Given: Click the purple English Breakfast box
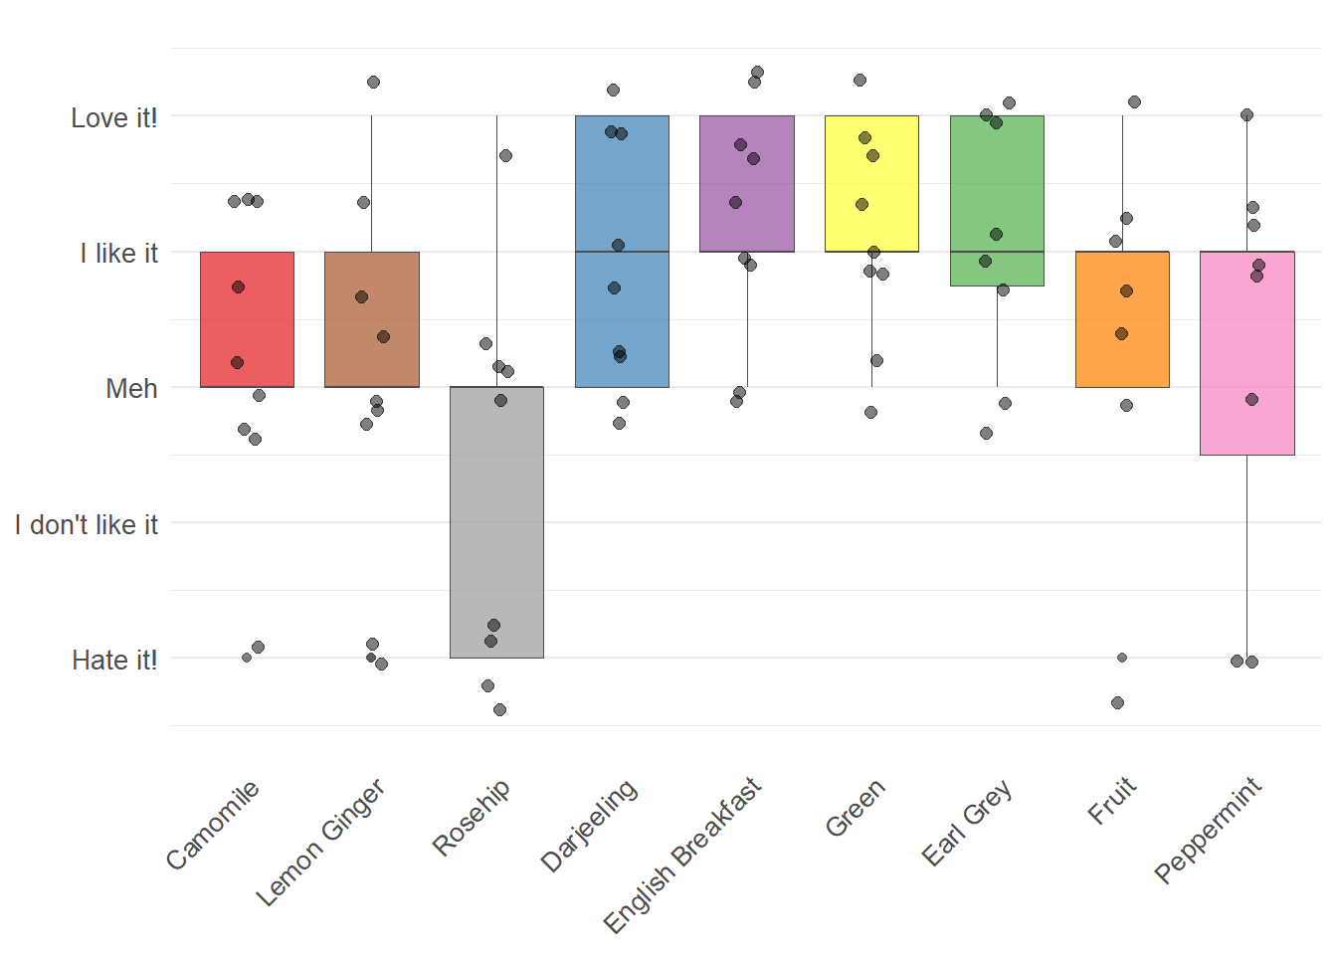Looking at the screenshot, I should pos(747,184).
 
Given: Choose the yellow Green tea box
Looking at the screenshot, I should pos(871,184).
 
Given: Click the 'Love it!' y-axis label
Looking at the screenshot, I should pos(113,118).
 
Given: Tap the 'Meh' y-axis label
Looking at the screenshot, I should pos(131,389).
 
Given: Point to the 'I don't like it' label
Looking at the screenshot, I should pos(87,525).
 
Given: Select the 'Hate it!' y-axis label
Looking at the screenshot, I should pos(114,661).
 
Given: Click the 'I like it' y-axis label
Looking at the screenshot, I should pos(118,254).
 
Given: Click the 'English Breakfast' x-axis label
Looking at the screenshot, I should pos(682,856).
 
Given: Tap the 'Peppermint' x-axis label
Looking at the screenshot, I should pos(1208,830).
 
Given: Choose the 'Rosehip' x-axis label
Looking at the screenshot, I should pos(472,817).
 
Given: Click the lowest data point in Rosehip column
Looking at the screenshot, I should pos(499,709).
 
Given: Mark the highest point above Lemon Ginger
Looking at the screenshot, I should pos(373,82).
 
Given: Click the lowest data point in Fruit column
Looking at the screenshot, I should pos(1117,702).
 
